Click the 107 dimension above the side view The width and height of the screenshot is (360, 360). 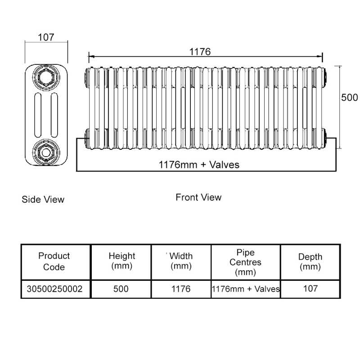tap(46, 37)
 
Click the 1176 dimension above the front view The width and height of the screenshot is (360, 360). tap(200, 52)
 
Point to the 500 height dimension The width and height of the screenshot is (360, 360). tap(349, 98)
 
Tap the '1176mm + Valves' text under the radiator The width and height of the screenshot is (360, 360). tap(199, 165)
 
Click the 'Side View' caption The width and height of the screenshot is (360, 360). tap(43, 199)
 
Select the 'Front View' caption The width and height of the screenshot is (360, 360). tap(198, 197)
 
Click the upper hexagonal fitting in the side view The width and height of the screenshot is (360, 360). tap(46, 77)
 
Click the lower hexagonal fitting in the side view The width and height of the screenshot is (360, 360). tap(46, 152)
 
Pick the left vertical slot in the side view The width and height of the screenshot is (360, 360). tap(38, 115)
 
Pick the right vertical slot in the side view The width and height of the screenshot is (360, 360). tap(54, 115)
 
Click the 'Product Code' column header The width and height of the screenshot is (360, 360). tap(54, 261)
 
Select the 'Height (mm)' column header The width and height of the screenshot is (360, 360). tap(121, 261)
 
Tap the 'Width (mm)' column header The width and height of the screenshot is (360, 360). tap(181, 261)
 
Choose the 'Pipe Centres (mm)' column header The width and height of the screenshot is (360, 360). tap(245, 262)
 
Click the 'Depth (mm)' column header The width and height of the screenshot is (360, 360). tap(310, 261)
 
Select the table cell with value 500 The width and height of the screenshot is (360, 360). tap(121, 289)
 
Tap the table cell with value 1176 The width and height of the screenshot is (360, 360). tap(181, 289)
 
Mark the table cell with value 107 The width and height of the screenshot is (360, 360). tap(310, 288)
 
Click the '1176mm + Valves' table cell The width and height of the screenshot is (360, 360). tap(246, 289)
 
